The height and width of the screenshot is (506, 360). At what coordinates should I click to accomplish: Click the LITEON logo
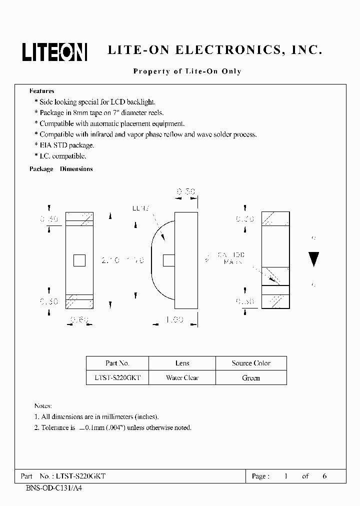pos(54,51)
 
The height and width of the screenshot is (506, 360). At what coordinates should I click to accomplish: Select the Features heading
pos(42,91)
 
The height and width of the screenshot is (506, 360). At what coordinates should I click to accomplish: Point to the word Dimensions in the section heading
pos(76,169)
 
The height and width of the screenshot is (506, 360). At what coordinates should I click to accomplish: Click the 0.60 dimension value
pos(80,320)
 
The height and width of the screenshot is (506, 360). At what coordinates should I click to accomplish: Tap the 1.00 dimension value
pos(174,320)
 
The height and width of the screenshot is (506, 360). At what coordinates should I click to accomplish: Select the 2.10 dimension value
pos(109,260)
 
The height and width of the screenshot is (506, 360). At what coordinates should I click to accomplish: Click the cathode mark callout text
pos(231,258)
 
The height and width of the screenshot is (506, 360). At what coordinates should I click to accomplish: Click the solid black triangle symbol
pos(314,259)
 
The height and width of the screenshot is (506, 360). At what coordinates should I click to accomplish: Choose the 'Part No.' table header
pos(117,363)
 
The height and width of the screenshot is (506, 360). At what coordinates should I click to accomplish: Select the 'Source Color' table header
pos(251,363)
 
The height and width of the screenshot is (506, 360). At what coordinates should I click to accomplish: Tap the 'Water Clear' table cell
pos(182,378)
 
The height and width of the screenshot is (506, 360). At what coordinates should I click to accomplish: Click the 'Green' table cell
pos(251,378)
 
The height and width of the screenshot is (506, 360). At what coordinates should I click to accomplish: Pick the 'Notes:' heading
pos(43,405)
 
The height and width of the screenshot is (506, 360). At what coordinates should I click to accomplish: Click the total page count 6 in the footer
pos(324,476)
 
